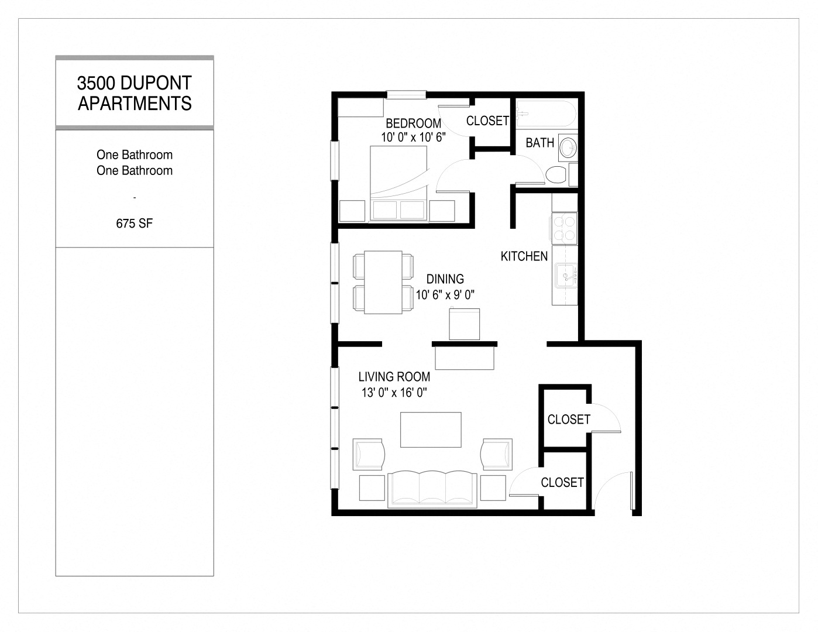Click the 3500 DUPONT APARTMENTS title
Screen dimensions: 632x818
coord(135,94)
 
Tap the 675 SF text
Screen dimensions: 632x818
coord(135,223)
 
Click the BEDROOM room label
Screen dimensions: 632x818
coord(413,123)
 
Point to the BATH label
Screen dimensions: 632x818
coord(539,143)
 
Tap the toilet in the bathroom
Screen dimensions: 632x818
coord(555,174)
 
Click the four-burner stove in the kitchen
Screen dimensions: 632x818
coord(563,228)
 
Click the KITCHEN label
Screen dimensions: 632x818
coord(524,256)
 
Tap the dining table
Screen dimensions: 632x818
coord(383,282)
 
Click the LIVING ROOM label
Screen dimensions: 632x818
coord(394,377)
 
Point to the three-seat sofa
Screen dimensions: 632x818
coord(432,487)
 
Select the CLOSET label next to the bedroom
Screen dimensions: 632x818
coord(487,121)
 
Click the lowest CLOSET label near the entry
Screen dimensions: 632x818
coord(562,482)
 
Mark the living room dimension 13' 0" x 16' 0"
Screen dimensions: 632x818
coord(394,393)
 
